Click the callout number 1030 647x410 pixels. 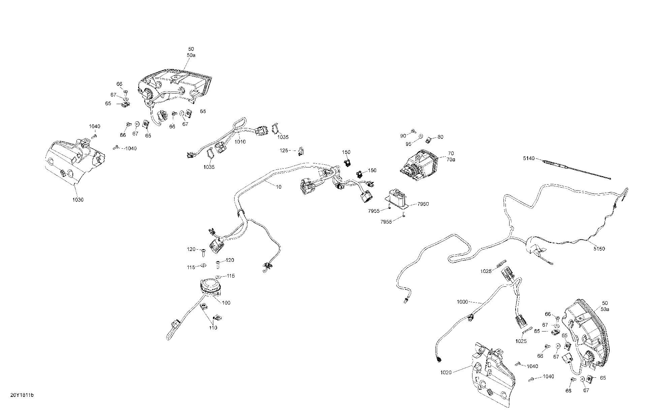[78, 200]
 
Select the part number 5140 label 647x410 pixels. [529, 158]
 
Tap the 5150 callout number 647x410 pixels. [599, 249]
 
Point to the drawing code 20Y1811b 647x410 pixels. [22, 395]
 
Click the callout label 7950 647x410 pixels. [423, 204]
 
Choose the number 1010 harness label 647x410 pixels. [240, 142]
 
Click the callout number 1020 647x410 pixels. [446, 372]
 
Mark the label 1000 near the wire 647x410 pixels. [462, 302]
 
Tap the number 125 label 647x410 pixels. [284, 150]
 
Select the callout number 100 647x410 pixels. [226, 303]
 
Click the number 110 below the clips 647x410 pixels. [213, 328]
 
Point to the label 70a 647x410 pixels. [451, 159]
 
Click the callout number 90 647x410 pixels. [403, 136]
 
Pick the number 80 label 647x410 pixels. [440, 137]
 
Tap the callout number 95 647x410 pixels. [408, 144]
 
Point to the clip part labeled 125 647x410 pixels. [301, 152]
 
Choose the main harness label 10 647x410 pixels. [278, 187]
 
